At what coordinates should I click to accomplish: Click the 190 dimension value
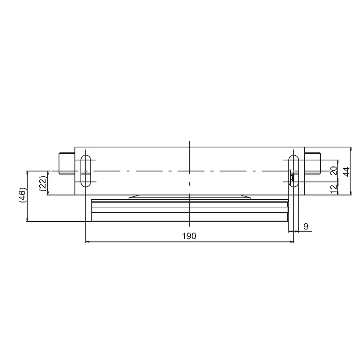point(189,236)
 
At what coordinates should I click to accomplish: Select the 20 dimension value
point(334,171)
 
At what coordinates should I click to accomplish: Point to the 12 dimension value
point(334,188)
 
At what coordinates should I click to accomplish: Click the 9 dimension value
point(306,226)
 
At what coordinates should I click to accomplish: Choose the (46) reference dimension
point(22,195)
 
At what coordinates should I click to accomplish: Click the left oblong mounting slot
point(86,171)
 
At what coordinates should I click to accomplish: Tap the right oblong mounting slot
point(293,171)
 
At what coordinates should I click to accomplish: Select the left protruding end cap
point(67,163)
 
